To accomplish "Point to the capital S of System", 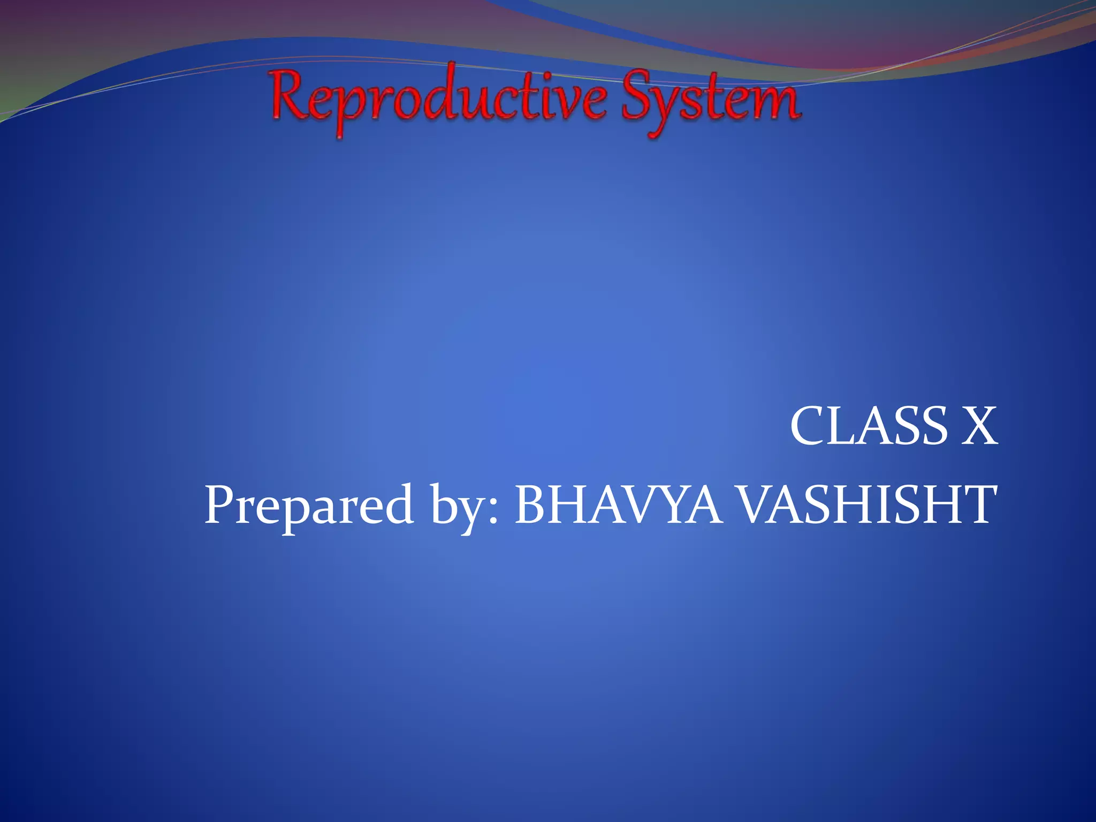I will click(x=640, y=96).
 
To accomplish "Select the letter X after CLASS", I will click(x=979, y=426).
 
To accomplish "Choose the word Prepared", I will click(x=309, y=506).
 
